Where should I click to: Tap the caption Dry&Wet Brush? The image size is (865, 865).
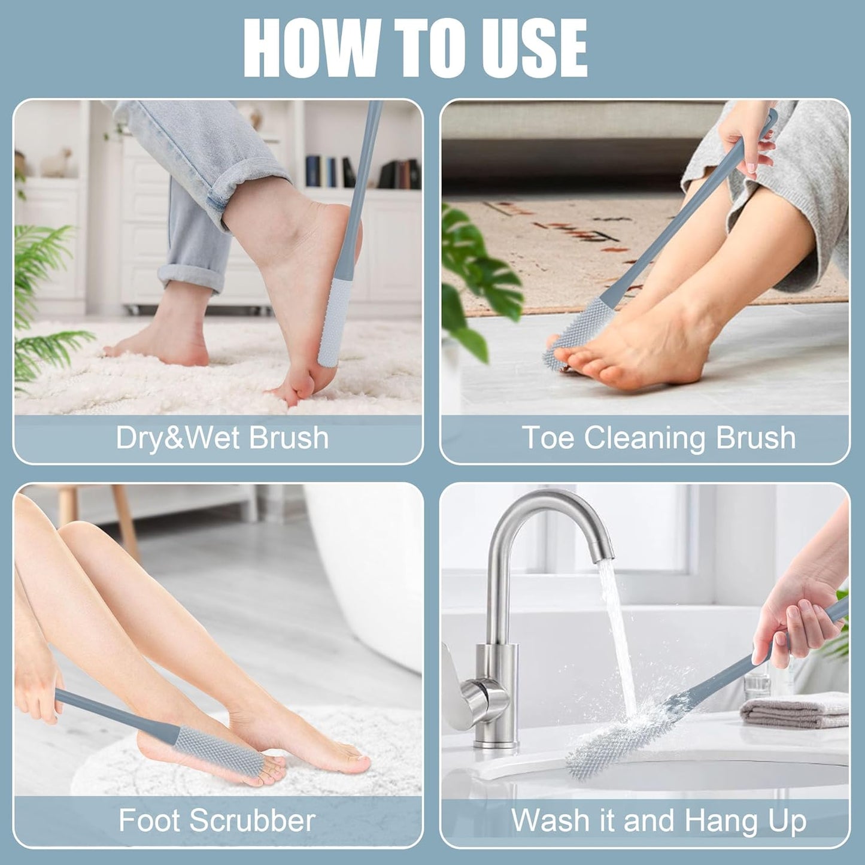coord(222,438)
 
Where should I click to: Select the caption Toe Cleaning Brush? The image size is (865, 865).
coord(658,438)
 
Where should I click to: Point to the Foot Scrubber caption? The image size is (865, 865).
coord(217,820)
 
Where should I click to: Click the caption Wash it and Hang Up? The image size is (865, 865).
coord(658,820)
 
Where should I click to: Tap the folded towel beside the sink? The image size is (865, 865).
coord(793,710)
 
